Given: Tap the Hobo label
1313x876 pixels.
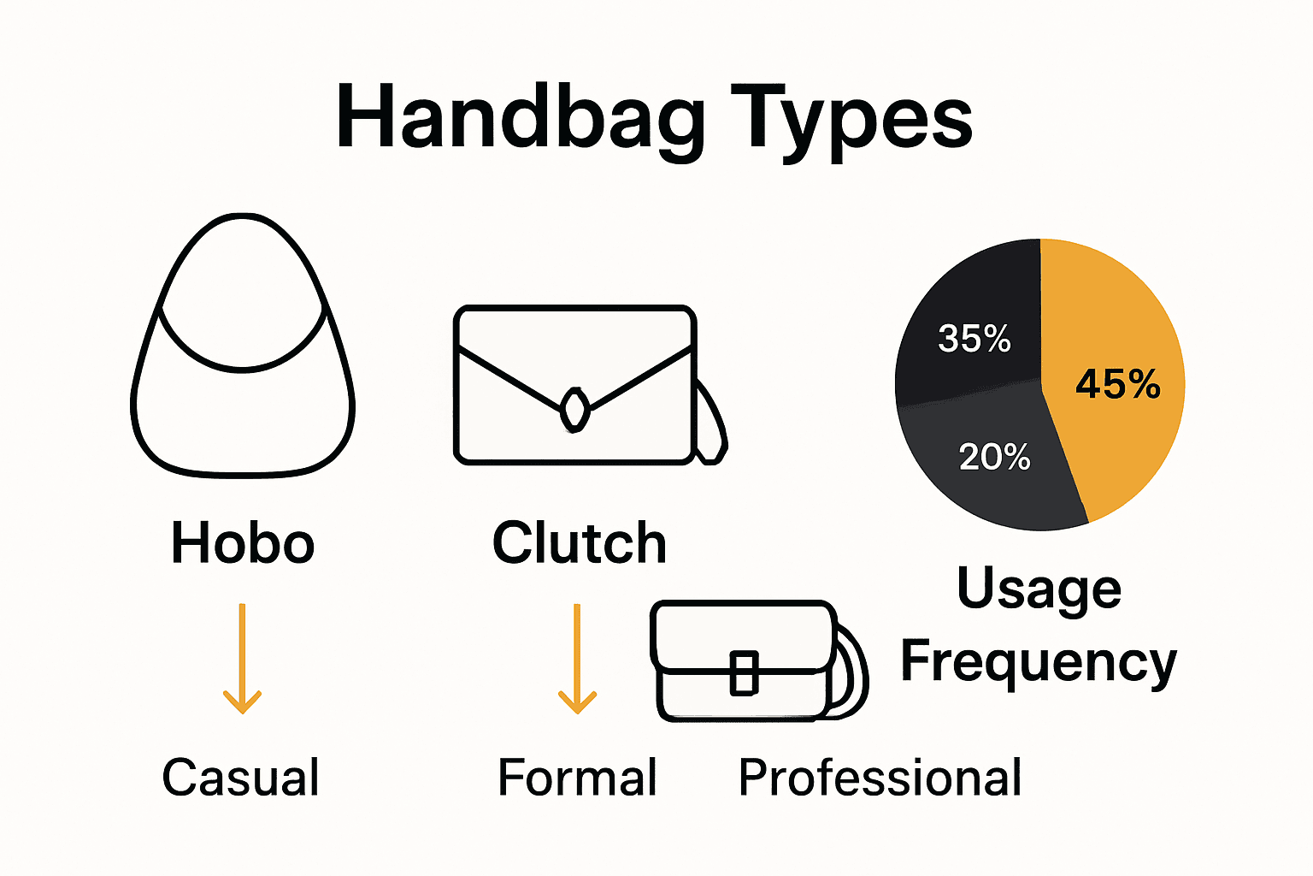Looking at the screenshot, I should pyautogui.click(x=243, y=543).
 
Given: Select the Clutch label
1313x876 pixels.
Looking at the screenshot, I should pyautogui.click(x=579, y=543).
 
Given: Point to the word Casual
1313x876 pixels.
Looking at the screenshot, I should pyautogui.click(x=240, y=778).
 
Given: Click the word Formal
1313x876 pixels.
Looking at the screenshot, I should pyautogui.click(x=577, y=778).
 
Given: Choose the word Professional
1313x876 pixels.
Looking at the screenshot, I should pyautogui.click(x=880, y=778).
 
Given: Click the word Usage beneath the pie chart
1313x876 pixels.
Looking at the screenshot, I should pyautogui.click(x=1039, y=589).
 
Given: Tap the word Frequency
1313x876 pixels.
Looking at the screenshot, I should pyautogui.click(x=1039, y=661).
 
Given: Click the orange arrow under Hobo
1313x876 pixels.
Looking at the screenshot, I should pyautogui.click(x=242, y=659).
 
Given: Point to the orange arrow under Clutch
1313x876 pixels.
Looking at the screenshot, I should pyautogui.click(x=577, y=659).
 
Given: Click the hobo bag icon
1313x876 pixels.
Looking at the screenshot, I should pyautogui.click(x=243, y=411).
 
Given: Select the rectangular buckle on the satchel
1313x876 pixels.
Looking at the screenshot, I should pyautogui.click(x=744, y=672).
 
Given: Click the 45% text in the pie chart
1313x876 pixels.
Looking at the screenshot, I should pyautogui.click(x=1117, y=384).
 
